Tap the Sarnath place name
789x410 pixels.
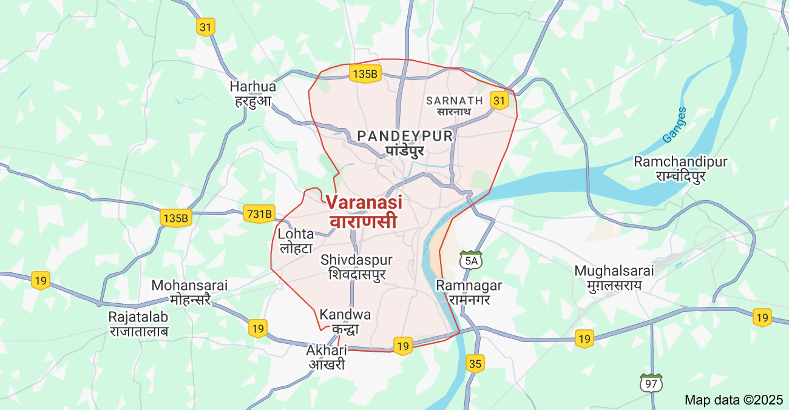(455, 106)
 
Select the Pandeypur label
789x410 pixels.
(405, 143)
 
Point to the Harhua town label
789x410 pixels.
(253, 93)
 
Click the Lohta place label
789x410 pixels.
(296, 240)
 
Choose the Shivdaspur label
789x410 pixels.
(357, 267)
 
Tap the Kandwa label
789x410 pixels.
(345, 321)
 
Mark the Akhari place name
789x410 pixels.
(326, 357)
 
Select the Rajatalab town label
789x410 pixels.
(138, 323)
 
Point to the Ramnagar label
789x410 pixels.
(469, 292)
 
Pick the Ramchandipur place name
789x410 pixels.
(680, 169)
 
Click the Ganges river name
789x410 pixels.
(674, 125)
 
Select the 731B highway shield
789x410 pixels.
(259, 213)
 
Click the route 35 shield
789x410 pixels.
(476, 364)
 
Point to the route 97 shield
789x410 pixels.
(651, 383)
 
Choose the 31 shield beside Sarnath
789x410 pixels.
(499, 101)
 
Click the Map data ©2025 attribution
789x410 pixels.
(734, 400)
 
